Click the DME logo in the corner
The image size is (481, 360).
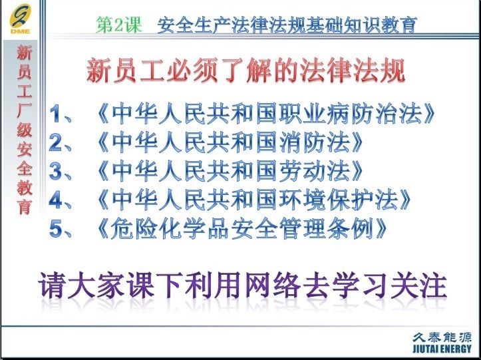20,19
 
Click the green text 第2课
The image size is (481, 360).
119,25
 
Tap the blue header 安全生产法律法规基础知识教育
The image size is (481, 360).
287,25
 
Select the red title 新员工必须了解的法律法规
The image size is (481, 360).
245,71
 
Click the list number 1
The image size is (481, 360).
56,114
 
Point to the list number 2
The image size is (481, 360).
56,142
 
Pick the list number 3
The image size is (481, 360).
56,171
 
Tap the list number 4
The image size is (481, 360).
56,200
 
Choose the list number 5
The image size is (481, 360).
56,229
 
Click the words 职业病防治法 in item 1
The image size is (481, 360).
351,114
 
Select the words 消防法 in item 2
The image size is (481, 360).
315,142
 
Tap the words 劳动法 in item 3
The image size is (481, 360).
315,171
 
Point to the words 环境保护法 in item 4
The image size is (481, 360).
339,200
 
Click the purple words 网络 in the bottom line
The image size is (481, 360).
273,285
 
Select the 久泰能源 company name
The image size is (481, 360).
442,337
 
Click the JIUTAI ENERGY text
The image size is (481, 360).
442,349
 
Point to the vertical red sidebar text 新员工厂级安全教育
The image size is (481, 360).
25,130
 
